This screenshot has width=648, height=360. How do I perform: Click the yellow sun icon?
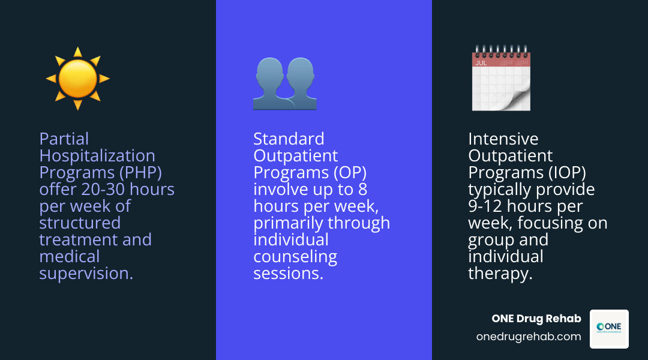pos(78,79)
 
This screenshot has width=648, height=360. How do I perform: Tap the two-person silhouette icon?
pos(284,83)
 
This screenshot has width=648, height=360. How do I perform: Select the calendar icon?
pos(500,78)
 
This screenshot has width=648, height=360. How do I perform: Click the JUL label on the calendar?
pos(481,62)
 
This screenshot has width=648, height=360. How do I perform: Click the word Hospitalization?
pos(97,156)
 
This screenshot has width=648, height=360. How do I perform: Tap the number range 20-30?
pos(104,190)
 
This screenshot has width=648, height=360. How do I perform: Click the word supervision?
pos(86,274)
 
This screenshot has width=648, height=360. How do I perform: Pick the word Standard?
pos(289,139)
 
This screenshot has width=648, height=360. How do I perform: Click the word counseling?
pos(295,257)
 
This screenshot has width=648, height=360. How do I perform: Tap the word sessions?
pos(289,274)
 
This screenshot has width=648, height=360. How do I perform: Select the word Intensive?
pos(503,139)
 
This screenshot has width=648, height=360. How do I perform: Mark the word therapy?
pos(500,274)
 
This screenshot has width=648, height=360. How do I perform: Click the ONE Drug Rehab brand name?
pos(536,319)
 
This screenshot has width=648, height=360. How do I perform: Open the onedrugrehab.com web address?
pos(529,337)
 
